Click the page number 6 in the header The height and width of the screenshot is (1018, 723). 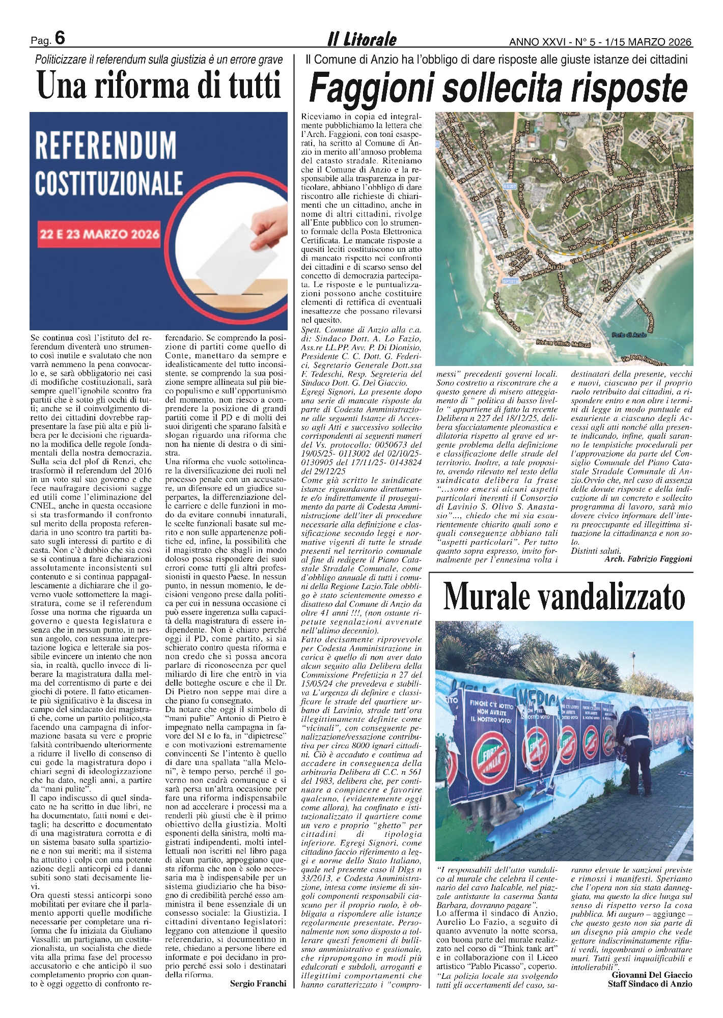pos(60,38)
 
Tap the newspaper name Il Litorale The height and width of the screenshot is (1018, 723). pos(361,39)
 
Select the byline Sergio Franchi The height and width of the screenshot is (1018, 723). pos(258,983)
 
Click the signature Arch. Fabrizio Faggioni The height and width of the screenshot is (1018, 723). pos(648,559)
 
